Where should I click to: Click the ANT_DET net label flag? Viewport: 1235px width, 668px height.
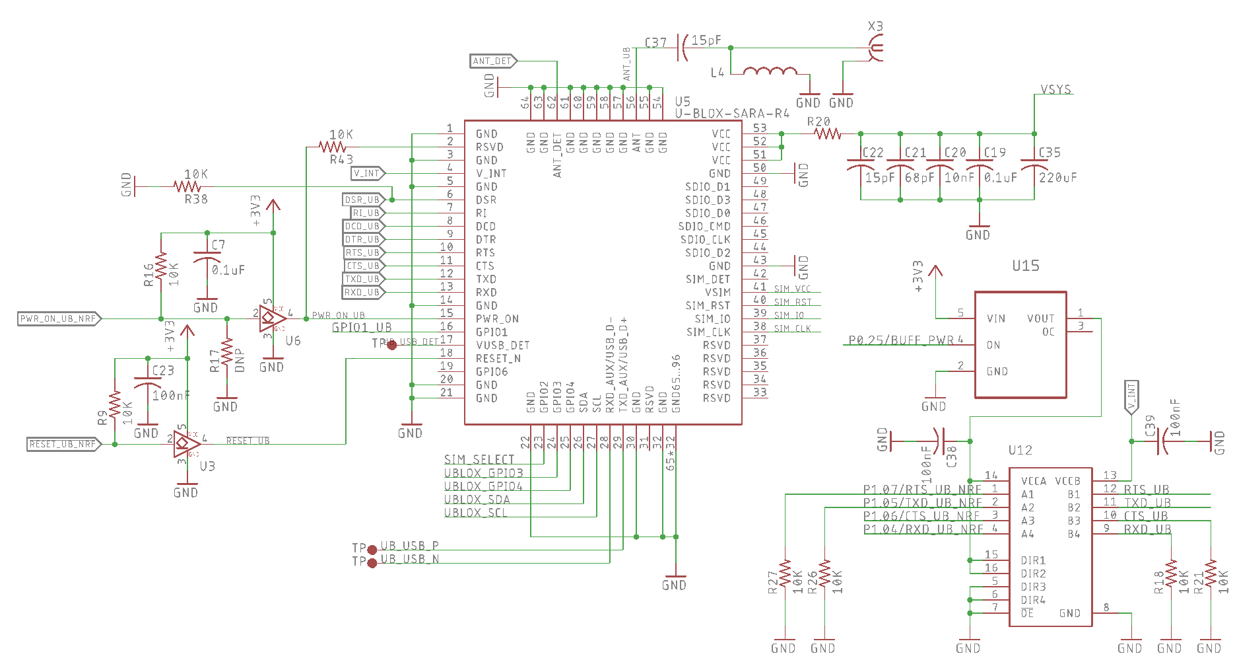pyautogui.click(x=493, y=61)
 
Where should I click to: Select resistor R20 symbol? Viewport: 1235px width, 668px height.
pyautogui.click(x=827, y=133)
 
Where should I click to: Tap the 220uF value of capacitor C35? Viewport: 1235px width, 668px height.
pyautogui.click(x=1057, y=178)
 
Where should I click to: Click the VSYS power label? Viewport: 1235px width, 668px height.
pyautogui.click(x=1055, y=89)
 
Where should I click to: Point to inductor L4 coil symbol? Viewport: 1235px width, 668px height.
pyautogui.click(x=770, y=71)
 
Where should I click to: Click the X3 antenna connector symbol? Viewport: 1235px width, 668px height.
pyautogui.click(x=876, y=48)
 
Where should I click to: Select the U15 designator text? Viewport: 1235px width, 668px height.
pyautogui.click(x=1025, y=266)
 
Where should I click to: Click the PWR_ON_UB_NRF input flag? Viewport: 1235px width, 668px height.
pyautogui.click(x=59, y=318)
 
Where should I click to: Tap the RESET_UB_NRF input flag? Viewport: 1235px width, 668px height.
pyautogui.click(x=63, y=444)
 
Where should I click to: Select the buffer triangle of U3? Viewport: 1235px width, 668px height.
pyautogui.click(x=185, y=443)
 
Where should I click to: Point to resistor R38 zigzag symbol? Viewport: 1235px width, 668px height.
pyautogui.click(x=187, y=186)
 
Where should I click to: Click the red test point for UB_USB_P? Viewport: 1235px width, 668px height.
pyautogui.click(x=372, y=550)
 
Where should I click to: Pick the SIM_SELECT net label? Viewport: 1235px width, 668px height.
pyautogui.click(x=479, y=459)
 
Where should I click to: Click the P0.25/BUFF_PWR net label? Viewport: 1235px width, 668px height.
pyautogui.click(x=901, y=340)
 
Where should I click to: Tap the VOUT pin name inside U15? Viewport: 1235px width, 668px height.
pyautogui.click(x=1040, y=318)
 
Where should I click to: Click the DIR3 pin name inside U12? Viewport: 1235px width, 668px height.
pyautogui.click(x=1033, y=587)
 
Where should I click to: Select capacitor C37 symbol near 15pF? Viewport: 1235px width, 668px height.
pyautogui.click(x=683, y=48)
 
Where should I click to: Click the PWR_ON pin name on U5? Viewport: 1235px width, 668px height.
pyautogui.click(x=497, y=318)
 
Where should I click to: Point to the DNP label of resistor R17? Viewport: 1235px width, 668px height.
pyautogui.click(x=240, y=360)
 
